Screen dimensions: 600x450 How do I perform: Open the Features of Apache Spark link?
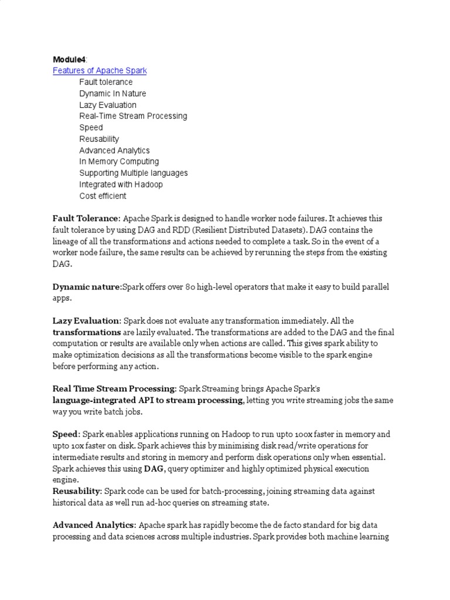(x=100, y=71)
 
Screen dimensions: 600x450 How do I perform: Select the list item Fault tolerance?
(x=106, y=82)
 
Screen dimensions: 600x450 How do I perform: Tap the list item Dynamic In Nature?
(x=113, y=94)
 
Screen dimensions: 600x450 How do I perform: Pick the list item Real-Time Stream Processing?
(x=134, y=116)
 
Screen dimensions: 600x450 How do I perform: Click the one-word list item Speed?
(x=91, y=128)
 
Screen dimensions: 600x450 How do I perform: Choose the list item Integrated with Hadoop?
(x=121, y=185)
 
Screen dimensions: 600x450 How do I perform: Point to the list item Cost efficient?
(x=103, y=196)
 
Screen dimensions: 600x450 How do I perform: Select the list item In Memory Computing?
(x=119, y=162)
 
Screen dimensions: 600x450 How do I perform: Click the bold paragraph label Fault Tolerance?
(x=86, y=219)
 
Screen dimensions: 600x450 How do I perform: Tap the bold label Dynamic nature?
(x=86, y=287)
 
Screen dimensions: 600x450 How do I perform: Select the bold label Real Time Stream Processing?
(x=114, y=388)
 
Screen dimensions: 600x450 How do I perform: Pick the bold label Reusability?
(x=77, y=490)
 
